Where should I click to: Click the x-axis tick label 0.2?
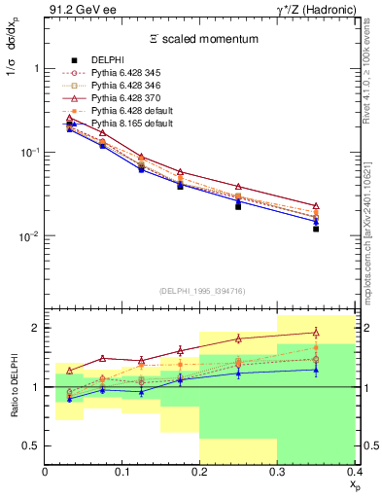tap(199, 472)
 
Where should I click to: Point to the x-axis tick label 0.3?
tap(277, 472)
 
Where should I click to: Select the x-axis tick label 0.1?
tap(122, 472)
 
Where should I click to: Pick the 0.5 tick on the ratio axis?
tap(31, 446)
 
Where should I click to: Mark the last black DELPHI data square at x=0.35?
tap(316, 229)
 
